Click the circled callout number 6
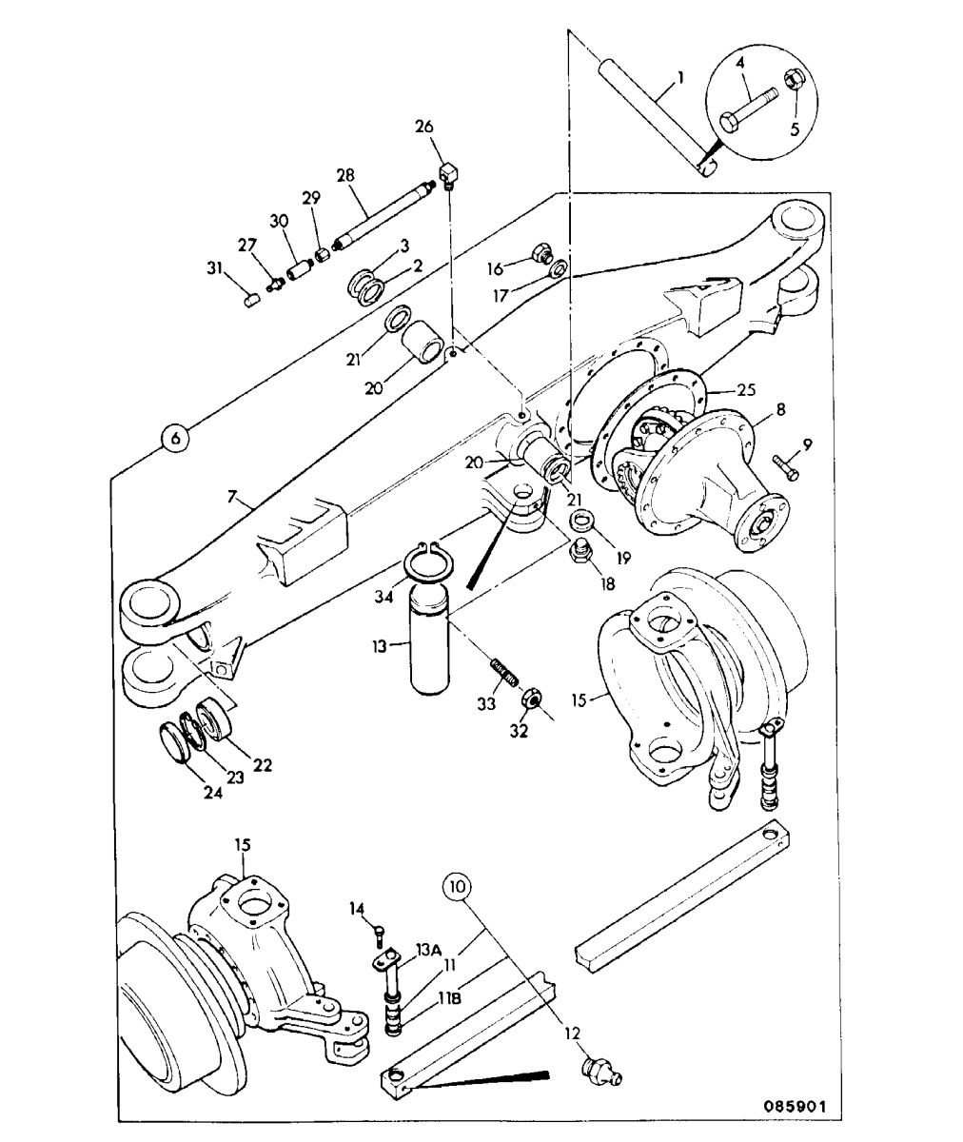pos(175,438)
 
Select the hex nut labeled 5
pos(794,80)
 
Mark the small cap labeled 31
pos(250,301)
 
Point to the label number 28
pos(345,175)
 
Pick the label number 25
pos(745,390)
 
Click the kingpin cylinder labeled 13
pos(429,643)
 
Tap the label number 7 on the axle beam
pos(232,497)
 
